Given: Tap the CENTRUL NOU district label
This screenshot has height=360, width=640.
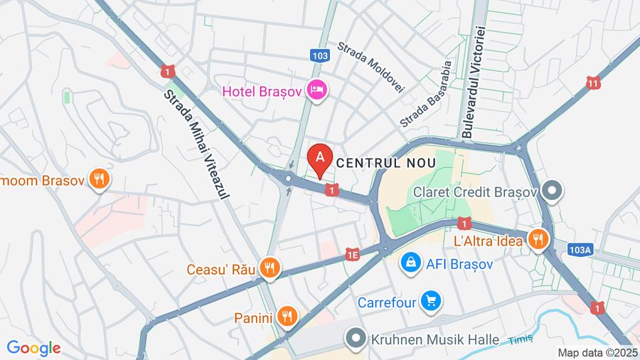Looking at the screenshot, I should point(385,162).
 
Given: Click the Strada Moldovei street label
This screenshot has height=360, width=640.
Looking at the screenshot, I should point(370,66).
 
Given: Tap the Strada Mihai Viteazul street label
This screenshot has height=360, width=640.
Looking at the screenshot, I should point(194,143).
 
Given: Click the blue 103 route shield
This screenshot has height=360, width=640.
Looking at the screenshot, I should point(320,55).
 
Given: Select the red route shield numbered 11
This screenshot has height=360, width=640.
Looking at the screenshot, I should point(593,83).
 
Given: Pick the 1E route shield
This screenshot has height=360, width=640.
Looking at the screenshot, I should point(353,253).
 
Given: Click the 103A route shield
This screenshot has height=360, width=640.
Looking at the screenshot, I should point(580,249).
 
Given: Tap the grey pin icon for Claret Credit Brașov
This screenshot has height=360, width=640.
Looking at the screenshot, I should point(552,191).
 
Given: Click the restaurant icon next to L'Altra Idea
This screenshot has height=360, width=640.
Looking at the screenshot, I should point(538,240).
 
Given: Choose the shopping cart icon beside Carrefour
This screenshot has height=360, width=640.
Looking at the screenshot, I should point(430,302).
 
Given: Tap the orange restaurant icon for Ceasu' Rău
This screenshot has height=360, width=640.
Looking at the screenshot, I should point(270,269).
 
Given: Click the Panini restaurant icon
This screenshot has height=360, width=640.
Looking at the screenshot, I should point(287,317).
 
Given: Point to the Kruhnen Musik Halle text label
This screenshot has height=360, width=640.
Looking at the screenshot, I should point(434,339).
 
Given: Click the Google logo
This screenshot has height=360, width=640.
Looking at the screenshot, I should point(33,348).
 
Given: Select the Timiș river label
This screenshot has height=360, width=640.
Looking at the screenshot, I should point(521,340).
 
